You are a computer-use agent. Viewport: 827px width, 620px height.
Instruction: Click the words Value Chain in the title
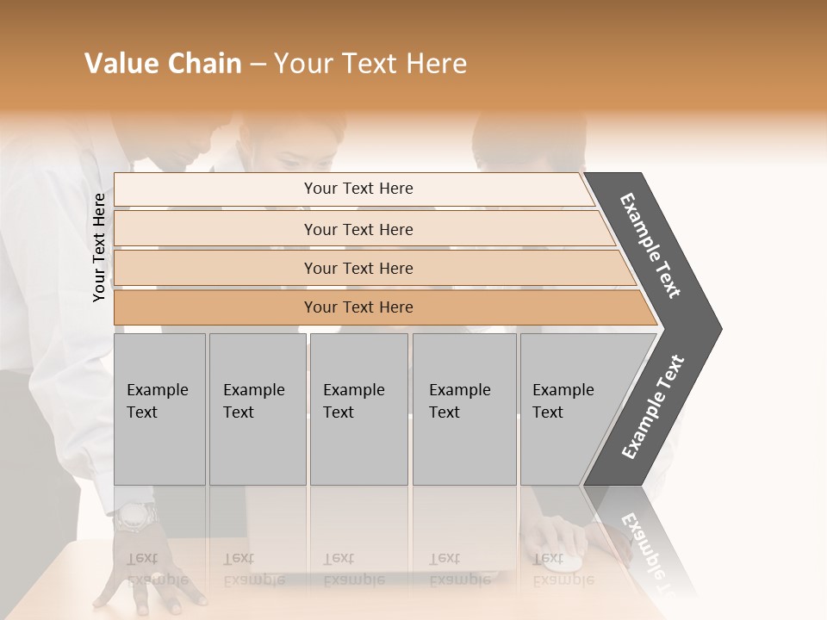pyautogui.click(x=163, y=64)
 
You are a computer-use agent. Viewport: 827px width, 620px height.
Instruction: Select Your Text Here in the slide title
pyautogui.click(x=370, y=64)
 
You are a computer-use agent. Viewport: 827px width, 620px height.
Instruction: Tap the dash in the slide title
pyautogui.click(x=258, y=65)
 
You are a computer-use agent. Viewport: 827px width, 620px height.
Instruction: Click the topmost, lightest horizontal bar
pyautogui.click(x=353, y=189)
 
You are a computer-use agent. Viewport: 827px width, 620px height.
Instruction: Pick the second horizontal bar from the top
pyautogui.click(x=362, y=229)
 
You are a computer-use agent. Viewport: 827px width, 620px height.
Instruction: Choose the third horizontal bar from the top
pyautogui.click(x=370, y=269)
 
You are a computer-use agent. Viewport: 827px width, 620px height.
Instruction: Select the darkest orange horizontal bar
pyautogui.click(x=379, y=307)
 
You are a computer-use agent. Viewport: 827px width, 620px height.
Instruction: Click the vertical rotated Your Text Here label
pyautogui.click(x=99, y=247)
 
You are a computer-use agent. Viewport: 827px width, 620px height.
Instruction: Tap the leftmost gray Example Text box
pyautogui.click(x=159, y=409)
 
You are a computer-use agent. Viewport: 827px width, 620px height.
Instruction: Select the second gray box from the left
pyautogui.click(x=258, y=409)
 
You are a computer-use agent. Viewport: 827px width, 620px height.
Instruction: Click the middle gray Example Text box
pyautogui.click(x=358, y=409)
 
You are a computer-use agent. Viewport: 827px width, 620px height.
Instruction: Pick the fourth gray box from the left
pyautogui.click(x=464, y=409)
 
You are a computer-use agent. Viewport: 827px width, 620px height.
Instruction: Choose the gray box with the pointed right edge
pyautogui.click(x=573, y=409)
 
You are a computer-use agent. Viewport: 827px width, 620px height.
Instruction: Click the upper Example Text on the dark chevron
pyautogui.click(x=650, y=245)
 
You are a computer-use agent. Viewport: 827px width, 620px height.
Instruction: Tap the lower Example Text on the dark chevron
pyautogui.click(x=653, y=407)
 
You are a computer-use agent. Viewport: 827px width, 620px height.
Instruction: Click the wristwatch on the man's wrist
pyautogui.click(x=136, y=517)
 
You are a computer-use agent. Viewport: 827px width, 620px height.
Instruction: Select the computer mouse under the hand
pyautogui.click(x=564, y=560)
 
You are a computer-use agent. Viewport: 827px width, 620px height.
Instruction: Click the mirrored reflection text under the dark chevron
pyautogui.click(x=646, y=551)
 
